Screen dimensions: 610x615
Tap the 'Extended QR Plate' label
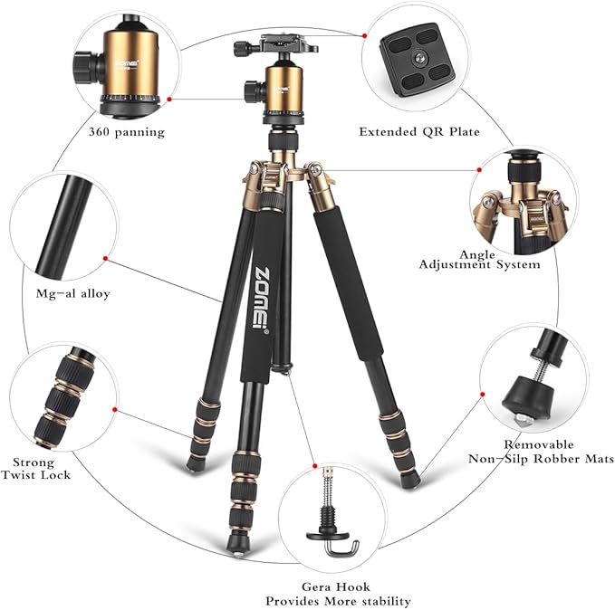click(x=419, y=132)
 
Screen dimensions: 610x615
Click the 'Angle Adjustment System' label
click(x=479, y=260)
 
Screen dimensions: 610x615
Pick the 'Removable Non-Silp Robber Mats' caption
click(x=540, y=452)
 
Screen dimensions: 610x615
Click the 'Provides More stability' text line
click(x=339, y=601)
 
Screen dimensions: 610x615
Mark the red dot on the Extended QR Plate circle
click(x=364, y=35)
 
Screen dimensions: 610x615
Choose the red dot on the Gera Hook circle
click(x=314, y=461)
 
